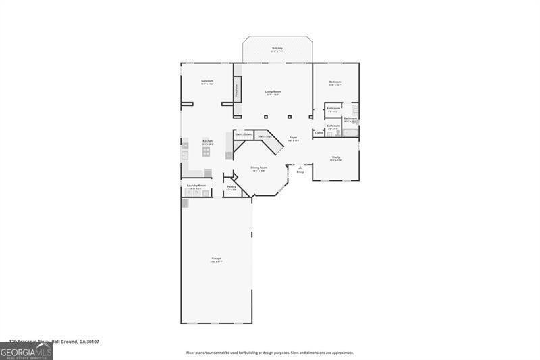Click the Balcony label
click(x=277, y=48)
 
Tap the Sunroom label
click(x=207, y=82)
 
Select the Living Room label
click(x=273, y=91)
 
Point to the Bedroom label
click(x=335, y=82)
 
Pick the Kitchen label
click(x=207, y=141)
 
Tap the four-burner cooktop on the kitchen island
click(x=207, y=152)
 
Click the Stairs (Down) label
click(x=244, y=134)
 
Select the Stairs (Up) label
click(x=265, y=136)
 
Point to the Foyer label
click(x=294, y=138)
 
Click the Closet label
click(x=319, y=132)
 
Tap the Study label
click(x=335, y=157)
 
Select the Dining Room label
click(x=259, y=168)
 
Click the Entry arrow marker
click(x=300, y=166)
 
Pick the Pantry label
click(x=231, y=187)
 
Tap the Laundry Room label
click(x=196, y=185)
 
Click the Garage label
click(x=217, y=259)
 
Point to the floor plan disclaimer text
click(x=270, y=353)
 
